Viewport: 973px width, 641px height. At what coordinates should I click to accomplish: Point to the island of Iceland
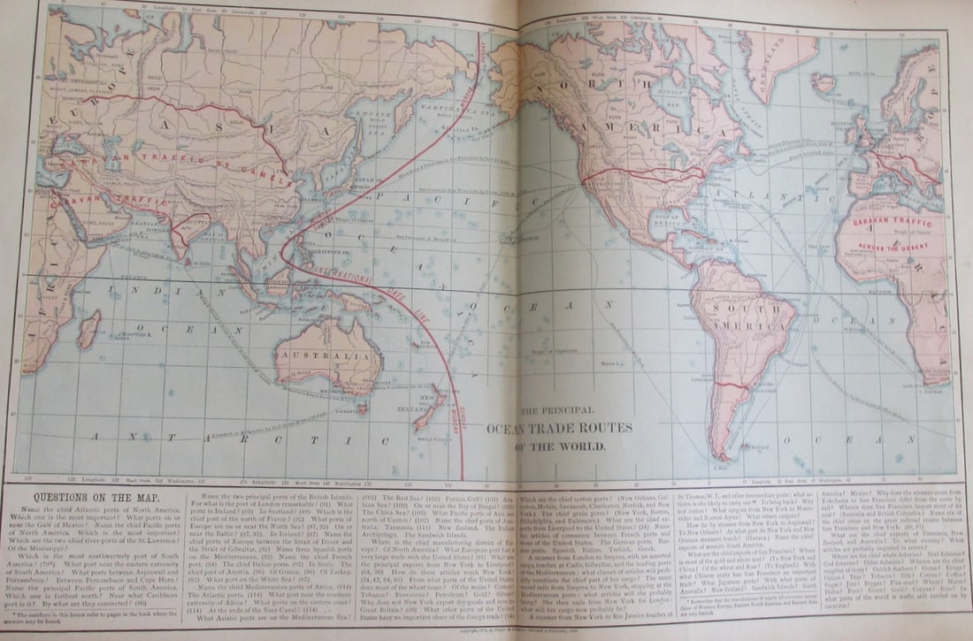[x=825, y=83]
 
